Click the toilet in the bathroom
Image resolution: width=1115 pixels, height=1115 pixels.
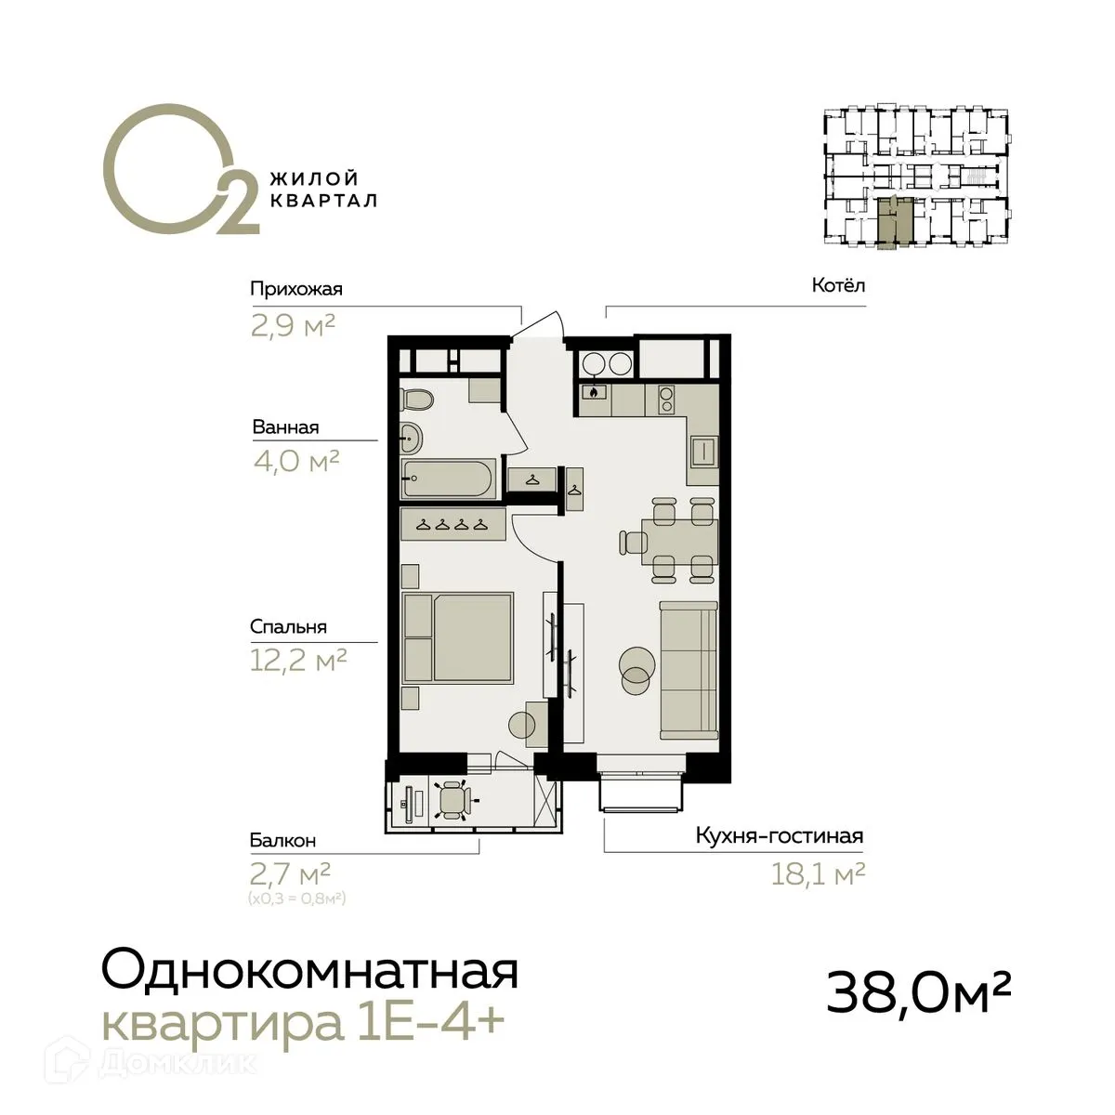click(418, 400)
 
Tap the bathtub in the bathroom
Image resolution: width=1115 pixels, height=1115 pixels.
click(452, 478)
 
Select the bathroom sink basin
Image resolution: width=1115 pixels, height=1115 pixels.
click(410, 434)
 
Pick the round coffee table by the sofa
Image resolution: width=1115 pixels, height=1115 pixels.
click(637, 668)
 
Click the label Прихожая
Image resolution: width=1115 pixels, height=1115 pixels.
click(296, 289)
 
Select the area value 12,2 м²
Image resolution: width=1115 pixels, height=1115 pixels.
click(298, 661)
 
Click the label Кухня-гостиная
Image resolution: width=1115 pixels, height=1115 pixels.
click(780, 836)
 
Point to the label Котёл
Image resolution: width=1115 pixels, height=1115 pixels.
click(838, 285)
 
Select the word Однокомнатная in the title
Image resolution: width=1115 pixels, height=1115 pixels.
click(308, 972)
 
